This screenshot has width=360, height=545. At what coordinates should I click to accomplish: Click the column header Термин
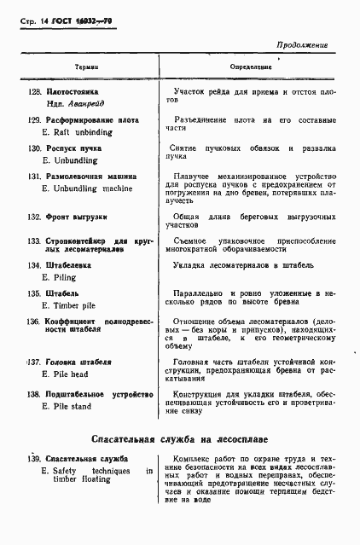pos(86,67)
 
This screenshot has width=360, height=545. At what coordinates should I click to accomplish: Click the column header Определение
pos(251,66)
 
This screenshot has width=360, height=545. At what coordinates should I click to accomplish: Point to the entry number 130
pos(35,148)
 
